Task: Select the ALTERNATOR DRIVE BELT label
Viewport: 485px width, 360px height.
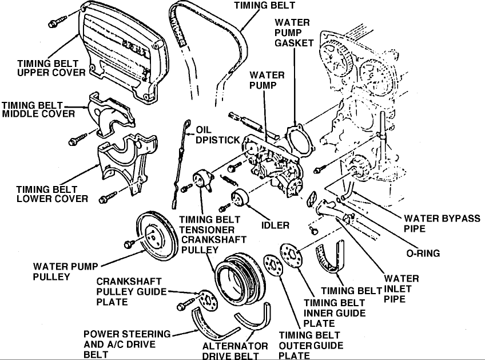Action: [234, 351]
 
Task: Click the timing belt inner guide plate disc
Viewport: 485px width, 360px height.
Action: [292, 256]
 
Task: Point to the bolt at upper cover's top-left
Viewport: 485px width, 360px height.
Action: [55, 23]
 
